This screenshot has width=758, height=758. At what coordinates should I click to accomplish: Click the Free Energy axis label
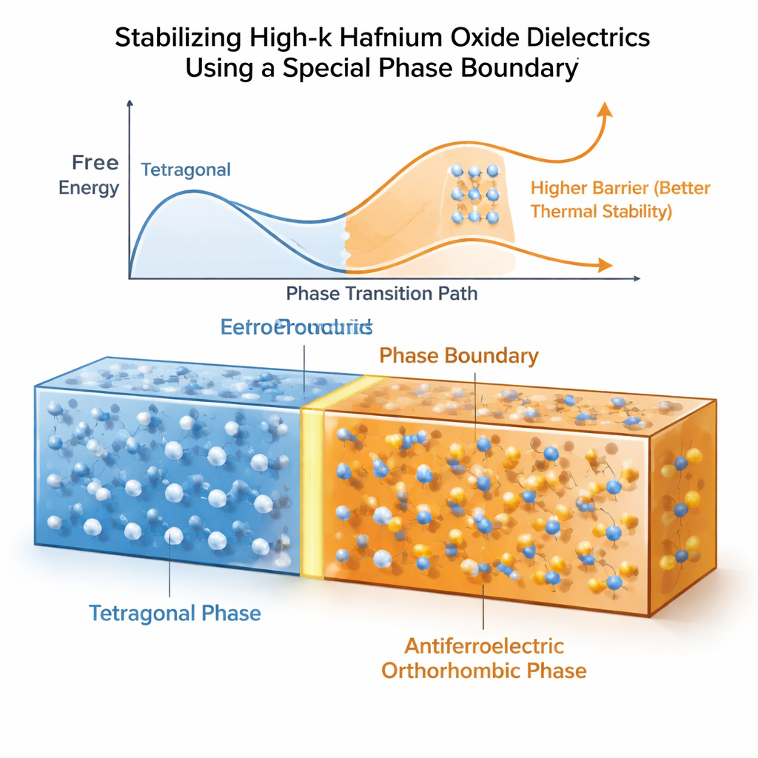[x=89, y=175]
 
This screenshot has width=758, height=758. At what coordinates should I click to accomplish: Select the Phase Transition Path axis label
[x=382, y=293]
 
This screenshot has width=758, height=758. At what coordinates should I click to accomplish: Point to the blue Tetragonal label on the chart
[x=186, y=170]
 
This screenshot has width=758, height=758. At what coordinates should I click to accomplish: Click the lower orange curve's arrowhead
[x=605, y=265]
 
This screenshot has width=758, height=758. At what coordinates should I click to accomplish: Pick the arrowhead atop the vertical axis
[x=130, y=106]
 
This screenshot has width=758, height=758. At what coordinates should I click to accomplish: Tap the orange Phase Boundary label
[x=459, y=355]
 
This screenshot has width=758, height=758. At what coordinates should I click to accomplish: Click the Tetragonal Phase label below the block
[x=175, y=613]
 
